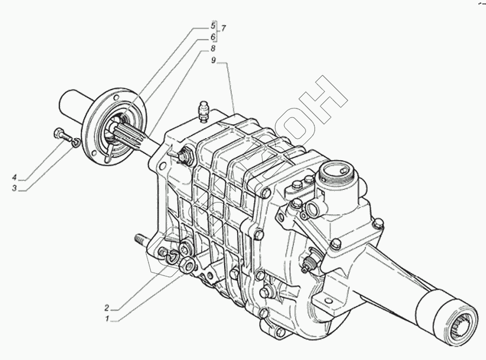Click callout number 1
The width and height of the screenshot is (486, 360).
pos(107,318)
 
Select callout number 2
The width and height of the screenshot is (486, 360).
pos(107,308)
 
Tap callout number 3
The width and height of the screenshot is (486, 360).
pos(14,188)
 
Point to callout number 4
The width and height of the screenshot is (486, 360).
pos(14,178)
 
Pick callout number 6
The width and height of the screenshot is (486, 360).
pos(213,37)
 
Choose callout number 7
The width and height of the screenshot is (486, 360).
pos(223,29)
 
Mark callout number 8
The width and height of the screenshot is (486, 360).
pos(213,49)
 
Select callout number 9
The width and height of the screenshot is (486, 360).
pos(213,60)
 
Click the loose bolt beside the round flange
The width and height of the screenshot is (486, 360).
pos(63,135)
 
